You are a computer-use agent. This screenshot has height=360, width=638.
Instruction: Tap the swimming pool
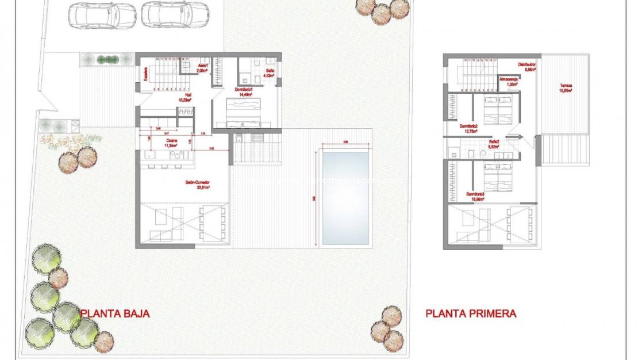tap(345, 197)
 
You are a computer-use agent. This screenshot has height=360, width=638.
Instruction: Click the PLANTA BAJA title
tap(115, 313)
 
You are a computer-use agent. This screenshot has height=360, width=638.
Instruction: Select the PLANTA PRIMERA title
tap(471, 313)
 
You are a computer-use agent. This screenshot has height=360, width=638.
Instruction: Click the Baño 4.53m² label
tap(269, 73)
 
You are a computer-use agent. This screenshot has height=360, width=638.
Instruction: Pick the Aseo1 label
tap(202, 68)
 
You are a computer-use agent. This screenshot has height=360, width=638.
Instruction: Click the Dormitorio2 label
tap(470, 128)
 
